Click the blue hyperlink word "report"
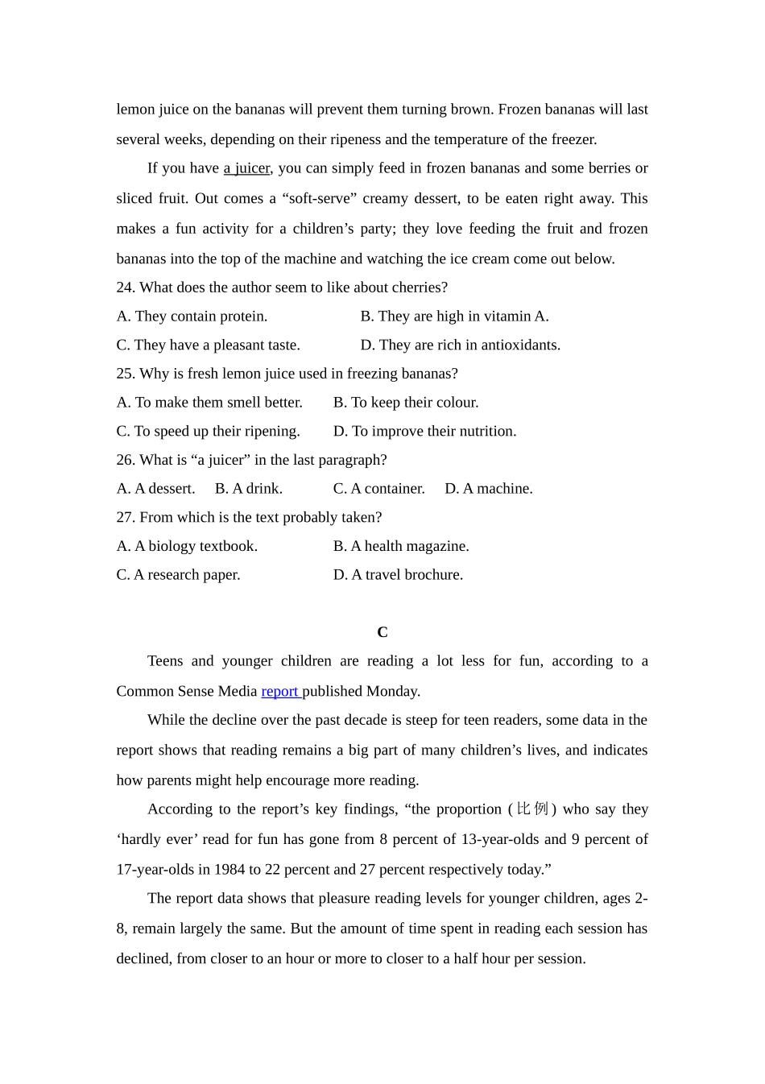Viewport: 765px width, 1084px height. pyautogui.click(x=279, y=691)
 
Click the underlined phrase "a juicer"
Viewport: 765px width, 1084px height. pyautogui.click(x=246, y=168)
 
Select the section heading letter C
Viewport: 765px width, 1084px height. pyautogui.click(x=382, y=632)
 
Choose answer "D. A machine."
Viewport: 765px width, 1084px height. pyautogui.click(x=488, y=489)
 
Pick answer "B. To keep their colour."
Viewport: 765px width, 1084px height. pyautogui.click(x=406, y=403)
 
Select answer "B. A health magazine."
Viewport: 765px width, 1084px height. pyautogui.click(x=401, y=546)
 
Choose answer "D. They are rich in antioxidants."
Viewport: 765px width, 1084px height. pyautogui.click(x=460, y=345)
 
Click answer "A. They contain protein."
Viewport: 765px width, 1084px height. pyautogui.click(x=192, y=317)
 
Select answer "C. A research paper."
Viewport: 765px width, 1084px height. pyautogui.click(x=178, y=575)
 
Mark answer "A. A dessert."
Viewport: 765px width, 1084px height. pyautogui.click(x=155, y=489)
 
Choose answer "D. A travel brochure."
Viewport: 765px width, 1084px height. pyautogui.click(x=398, y=575)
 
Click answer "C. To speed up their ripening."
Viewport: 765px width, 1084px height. pyautogui.click(x=208, y=432)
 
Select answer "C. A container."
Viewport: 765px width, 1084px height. pyautogui.click(x=378, y=489)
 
